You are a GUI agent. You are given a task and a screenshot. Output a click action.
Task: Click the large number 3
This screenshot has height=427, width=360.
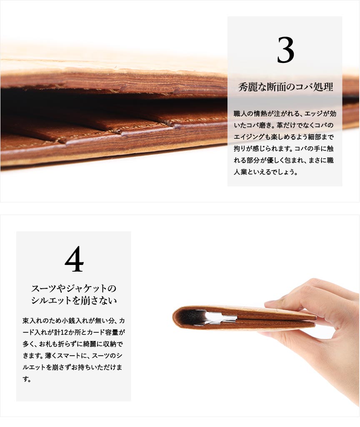pyautogui.click(x=285, y=50)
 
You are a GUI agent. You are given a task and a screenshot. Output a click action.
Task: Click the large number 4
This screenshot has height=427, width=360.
pyautogui.click(x=74, y=259)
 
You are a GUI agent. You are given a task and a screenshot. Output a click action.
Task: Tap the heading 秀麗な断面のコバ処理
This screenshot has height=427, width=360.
pyautogui.click(x=286, y=87)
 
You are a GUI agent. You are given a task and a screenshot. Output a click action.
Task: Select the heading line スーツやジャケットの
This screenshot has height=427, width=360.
pyautogui.click(x=74, y=288)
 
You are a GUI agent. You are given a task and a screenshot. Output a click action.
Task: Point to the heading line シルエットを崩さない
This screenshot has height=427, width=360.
pyautogui.click(x=74, y=300)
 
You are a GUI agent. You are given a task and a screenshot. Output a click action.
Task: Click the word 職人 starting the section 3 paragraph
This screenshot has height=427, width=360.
pyautogui.click(x=240, y=114)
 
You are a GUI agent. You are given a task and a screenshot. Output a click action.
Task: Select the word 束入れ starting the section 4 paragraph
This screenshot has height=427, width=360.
pyautogui.click(x=32, y=321)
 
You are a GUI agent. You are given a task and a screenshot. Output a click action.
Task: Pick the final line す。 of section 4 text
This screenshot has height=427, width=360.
pyautogui.click(x=27, y=379)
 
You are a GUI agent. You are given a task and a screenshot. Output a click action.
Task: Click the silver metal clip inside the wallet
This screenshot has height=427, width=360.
pyautogui.click(x=218, y=317)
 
